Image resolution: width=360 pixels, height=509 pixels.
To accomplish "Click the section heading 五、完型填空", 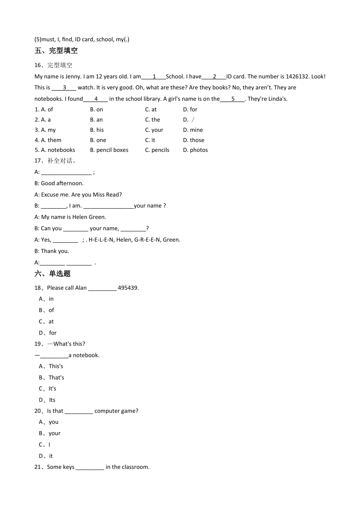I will (56, 51).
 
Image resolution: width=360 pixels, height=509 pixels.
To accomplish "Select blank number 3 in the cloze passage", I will (64, 88).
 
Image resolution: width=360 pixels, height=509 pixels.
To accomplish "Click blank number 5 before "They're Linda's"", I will (232, 99).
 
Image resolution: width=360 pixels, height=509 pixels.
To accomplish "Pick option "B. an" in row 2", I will (96, 120).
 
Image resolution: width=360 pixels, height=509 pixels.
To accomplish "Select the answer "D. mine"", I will (193, 130).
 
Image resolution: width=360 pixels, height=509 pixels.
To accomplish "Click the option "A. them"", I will (48, 140).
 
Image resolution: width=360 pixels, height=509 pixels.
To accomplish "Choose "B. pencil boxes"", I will (109, 150).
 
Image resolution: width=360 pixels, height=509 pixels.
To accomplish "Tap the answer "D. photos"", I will (196, 150).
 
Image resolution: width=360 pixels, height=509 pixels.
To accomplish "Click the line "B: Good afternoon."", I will (59, 183).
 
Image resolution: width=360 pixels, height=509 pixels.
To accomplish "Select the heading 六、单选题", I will (53, 274).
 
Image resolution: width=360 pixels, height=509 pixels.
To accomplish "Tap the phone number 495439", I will (128, 288).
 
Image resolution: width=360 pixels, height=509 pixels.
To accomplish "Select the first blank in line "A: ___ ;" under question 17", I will (66, 173).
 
